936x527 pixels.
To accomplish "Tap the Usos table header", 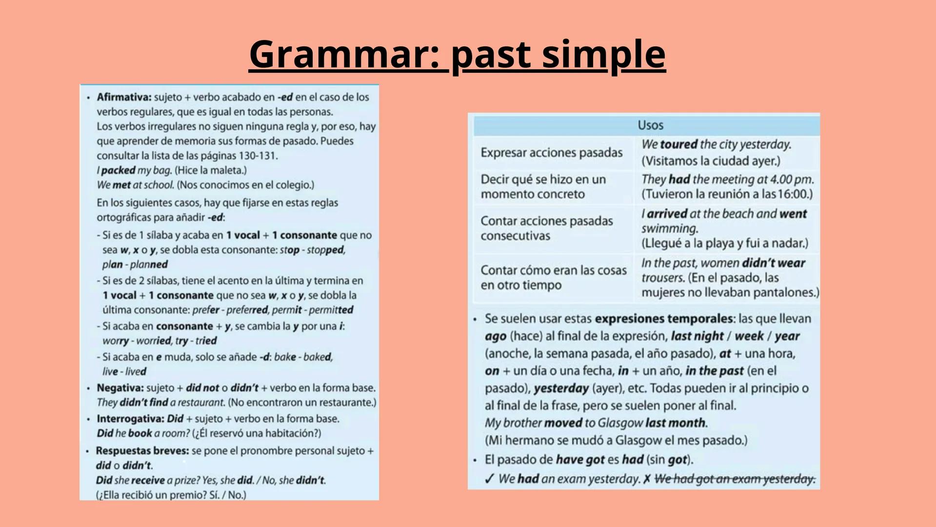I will tap(650, 125).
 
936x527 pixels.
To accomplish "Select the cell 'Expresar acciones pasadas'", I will tap(551, 153).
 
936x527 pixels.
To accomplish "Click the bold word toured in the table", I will tap(678, 144).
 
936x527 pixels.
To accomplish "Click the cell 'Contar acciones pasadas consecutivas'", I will tap(546, 228).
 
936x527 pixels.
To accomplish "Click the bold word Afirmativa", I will tap(124, 97).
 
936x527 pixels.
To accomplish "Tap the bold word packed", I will tap(118, 170).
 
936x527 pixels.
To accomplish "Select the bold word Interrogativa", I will tap(130, 419).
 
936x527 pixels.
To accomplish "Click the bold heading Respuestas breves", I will tap(142, 451).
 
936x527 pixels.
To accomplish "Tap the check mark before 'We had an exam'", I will tap(489, 479).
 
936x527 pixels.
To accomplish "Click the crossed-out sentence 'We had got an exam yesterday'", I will tap(735, 479).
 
